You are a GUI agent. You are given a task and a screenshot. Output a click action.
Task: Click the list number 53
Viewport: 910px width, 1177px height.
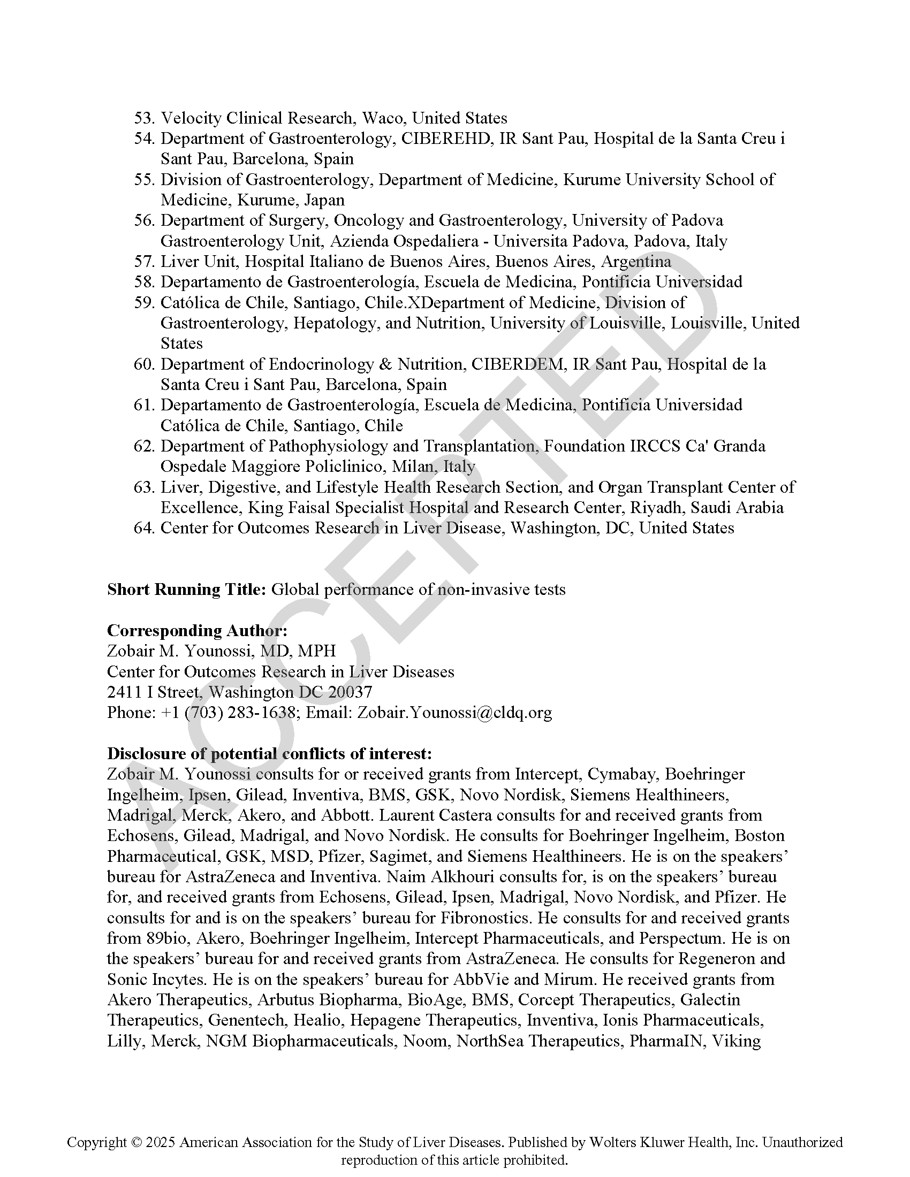point(144,118)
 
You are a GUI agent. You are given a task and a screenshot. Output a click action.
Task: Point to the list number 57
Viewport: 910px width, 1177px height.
point(144,262)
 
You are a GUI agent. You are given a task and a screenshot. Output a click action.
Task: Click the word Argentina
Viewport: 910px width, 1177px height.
point(636,262)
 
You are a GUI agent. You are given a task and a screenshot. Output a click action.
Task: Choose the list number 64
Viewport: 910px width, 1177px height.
point(144,528)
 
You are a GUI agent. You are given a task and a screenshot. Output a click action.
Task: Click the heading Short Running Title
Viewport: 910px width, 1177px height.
point(186,590)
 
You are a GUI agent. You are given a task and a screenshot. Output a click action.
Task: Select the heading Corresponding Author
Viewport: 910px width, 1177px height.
point(197,631)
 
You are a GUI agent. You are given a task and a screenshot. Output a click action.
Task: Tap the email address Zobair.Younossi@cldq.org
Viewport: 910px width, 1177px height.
point(454,713)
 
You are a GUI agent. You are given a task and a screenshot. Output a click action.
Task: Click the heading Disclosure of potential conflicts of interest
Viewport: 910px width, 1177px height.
point(269,753)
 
